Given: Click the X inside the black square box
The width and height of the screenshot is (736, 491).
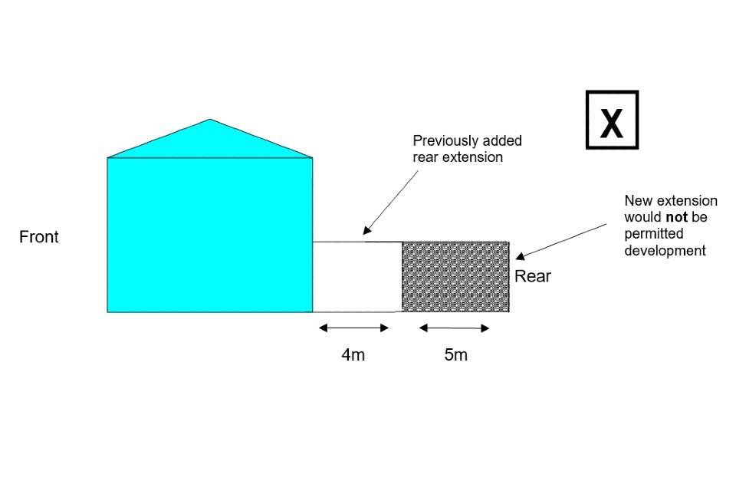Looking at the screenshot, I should click(x=611, y=121).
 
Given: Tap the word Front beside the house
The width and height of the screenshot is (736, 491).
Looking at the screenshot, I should click(x=38, y=237).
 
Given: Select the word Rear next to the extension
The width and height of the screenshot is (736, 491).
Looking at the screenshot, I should click(x=532, y=276).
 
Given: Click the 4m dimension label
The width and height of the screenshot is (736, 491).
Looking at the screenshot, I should click(x=353, y=355).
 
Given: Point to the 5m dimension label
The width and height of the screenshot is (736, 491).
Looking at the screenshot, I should click(x=455, y=355).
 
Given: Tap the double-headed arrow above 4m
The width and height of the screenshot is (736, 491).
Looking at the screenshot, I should click(x=353, y=328).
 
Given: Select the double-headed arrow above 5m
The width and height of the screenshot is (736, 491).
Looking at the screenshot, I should click(x=454, y=328).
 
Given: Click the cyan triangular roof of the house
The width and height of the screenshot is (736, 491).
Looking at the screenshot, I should click(x=210, y=142).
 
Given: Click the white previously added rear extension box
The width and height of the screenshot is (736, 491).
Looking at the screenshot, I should click(x=357, y=277).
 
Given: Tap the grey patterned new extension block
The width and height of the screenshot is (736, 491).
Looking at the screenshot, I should click(x=455, y=277).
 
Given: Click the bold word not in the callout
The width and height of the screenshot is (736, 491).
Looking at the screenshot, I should click(x=675, y=218).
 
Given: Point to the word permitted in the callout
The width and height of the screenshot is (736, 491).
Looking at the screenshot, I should click(x=653, y=234).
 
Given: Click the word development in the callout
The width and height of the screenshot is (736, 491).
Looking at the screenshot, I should click(x=664, y=251).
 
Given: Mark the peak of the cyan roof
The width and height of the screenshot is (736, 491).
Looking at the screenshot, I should click(x=210, y=120).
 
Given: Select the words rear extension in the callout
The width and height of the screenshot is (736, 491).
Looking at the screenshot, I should click(x=458, y=157).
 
